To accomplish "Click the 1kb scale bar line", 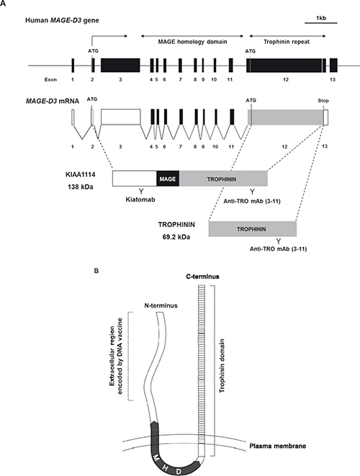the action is tap(321, 23).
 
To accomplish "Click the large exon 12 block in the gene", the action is tap(285, 65).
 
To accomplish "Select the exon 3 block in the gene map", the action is tap(120, 65).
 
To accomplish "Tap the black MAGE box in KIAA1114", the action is tap(168, 179).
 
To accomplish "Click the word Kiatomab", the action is tap(140, 199).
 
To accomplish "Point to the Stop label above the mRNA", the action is tap(323, 101).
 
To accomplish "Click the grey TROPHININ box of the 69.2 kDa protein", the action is tap(252, 229).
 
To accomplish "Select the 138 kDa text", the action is tap(80, 187).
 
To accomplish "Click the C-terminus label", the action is tap(202, 277).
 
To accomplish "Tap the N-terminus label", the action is tap(161, 305).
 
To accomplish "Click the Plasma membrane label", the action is tap(277, 446).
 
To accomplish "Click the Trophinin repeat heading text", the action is tap(287, 42).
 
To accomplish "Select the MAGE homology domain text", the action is tap(192, 42).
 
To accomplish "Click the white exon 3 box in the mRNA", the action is tap(120, 117).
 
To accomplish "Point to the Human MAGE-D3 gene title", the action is tap(62, 21).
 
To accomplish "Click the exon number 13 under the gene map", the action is tap(333, 79).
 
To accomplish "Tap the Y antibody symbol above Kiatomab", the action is tap(141, 192).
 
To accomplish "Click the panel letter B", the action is tap(96, 271).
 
